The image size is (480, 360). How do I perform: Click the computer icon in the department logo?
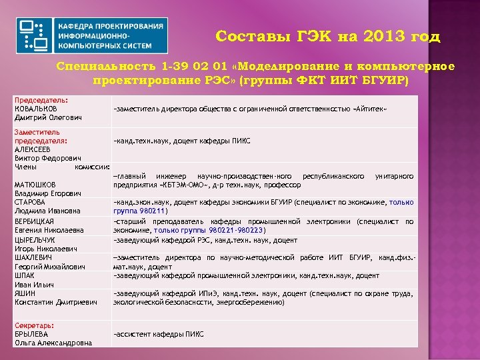click(34, 35)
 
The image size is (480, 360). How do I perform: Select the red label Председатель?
click(41, 100)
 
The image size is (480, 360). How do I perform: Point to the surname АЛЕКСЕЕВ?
click(33, 150)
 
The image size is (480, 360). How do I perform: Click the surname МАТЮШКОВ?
click(35, 185)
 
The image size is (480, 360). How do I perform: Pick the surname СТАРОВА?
click(30, 202)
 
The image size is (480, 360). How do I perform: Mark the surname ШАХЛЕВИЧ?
click(33, 257)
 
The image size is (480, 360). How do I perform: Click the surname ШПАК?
click(25, 275)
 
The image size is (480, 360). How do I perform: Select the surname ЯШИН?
click(25, 293)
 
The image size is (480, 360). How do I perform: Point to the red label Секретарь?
click(35, 325)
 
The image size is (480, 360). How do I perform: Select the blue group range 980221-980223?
click(240, 230)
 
